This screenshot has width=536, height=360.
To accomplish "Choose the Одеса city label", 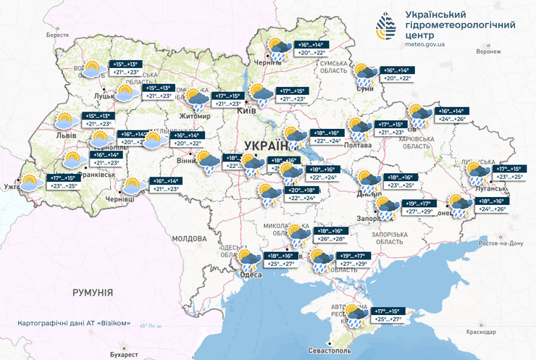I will click(251, 275).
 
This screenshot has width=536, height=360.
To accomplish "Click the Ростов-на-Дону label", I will click(502, 243).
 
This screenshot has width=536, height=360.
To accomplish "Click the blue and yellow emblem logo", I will click(385, 28).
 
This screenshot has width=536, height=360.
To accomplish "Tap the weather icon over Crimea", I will click(356, 315).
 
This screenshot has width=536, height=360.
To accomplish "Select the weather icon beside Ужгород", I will click(31, 182).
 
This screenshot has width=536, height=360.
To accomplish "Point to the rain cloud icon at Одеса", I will click(251, 259).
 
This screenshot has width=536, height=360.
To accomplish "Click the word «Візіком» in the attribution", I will click(113, 323).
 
